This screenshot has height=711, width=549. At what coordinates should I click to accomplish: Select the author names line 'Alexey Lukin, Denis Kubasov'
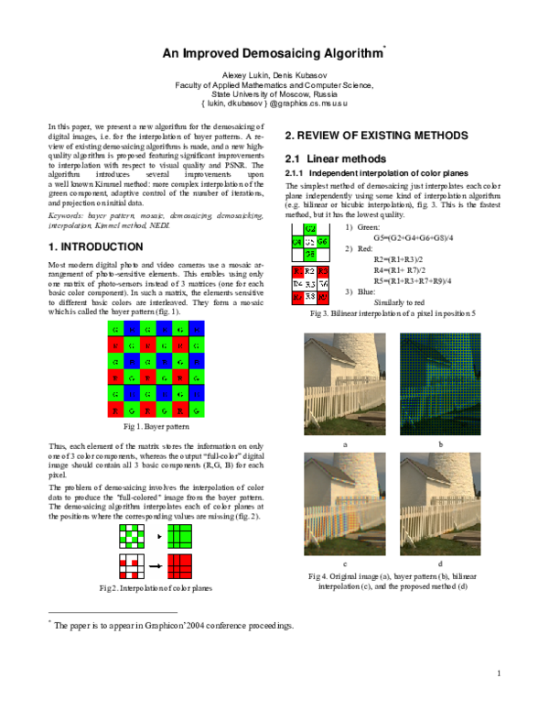coord(274,73)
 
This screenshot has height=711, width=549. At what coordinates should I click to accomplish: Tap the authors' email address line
coord(274,104)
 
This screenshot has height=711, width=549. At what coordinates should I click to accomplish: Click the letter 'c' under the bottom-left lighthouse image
coord(344,563)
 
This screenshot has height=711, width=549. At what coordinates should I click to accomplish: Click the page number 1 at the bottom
coord(500,674)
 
